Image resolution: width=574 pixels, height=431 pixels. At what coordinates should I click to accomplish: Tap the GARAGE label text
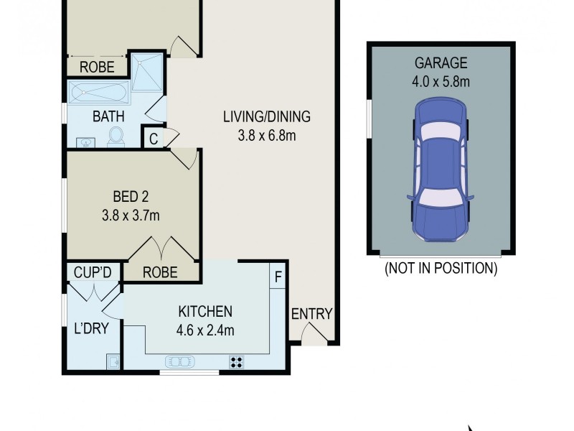pyautogui.click(x=440, y=63)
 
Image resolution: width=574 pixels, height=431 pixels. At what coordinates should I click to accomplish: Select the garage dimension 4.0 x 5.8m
pyautogui.click(x=440, y=81)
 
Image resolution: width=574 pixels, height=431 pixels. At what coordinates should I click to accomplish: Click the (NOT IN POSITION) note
pyautogui.click(x=441, y=269)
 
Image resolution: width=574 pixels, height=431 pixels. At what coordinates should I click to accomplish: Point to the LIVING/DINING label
pyautogui.click(x=268, y=116)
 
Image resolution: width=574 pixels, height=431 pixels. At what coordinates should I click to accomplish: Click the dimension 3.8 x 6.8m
pyautogui.click(x=268, y=134)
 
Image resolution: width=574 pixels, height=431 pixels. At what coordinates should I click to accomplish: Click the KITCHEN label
pyautogui.click(x=205, y=312)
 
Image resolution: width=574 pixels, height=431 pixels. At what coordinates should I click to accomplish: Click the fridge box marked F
pyautogui.click(x=278, y=275)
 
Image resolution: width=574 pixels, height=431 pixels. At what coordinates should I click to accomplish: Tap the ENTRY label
pyautogui.click(x=311, y=314)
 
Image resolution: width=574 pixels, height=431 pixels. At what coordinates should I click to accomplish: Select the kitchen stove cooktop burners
pyautogui.click(x=235, y=361)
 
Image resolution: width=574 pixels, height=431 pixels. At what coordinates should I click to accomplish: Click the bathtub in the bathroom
pyautogui.click(x=98, y=93)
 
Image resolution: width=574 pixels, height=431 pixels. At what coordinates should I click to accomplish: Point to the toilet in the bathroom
pyautogui.click(x=116, y=136)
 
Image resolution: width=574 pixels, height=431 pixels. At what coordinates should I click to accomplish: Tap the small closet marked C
pyautogui.click(x=154, y=138)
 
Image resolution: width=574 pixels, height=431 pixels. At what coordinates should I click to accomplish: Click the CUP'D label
pyautogui.click(x=92, y=272)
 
